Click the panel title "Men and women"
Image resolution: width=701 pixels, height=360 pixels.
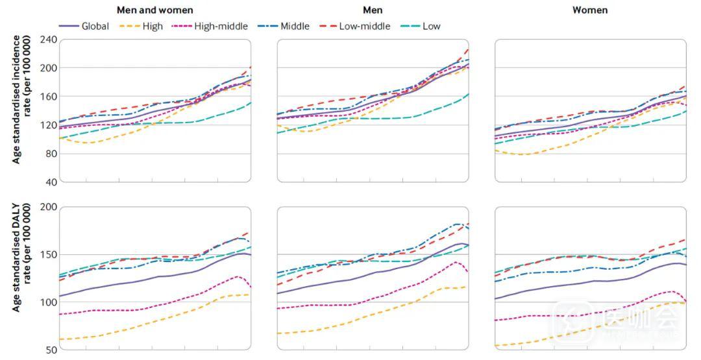[154, 10]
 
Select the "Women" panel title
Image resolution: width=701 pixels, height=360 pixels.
[590, 10]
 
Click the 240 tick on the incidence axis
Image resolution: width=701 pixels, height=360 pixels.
[49, 40]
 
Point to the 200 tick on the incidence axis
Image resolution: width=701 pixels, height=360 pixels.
[49, 68]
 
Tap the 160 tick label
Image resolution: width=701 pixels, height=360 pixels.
[49, 97]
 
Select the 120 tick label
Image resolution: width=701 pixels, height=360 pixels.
[49, 125]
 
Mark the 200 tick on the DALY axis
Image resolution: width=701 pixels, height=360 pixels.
[49, 207]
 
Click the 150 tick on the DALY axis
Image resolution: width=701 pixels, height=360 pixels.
[49, 254]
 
